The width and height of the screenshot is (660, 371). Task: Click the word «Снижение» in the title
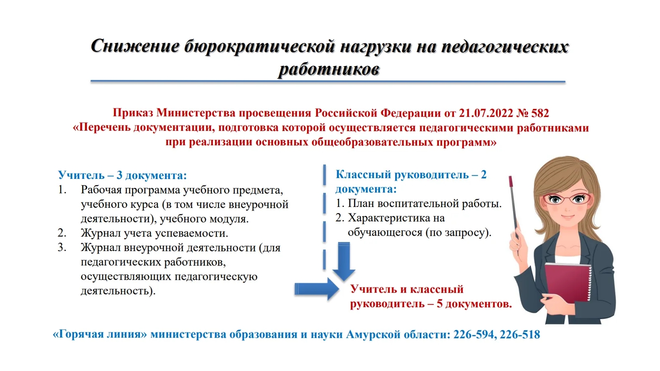pyautogui.click(x=135, y=47)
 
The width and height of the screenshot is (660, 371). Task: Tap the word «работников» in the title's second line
pyautogui.click(x=329, y=70)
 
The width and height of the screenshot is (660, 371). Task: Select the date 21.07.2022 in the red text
pyautogui.click(x=486, y=113)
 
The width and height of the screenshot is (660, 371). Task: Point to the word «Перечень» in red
pyautogui.click(x=102, y=128)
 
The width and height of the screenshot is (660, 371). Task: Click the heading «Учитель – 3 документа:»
pyautogui.click(x=122, y=175)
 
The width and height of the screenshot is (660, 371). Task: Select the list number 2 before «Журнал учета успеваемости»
pyautogui.click(x=62, y=233)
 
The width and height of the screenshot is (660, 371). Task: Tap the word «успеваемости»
pyautogui.click(x=192, y=233)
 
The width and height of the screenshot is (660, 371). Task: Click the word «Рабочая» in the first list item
pyautogui.click(x=101, y=190)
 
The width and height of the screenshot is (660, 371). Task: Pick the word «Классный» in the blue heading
pyautogui.click(x=363, y=175)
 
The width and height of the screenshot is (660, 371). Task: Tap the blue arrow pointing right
pyautogui.click(x=317, y=289)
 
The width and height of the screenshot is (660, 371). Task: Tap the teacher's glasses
pyautogui.click(x=567, y=199)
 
